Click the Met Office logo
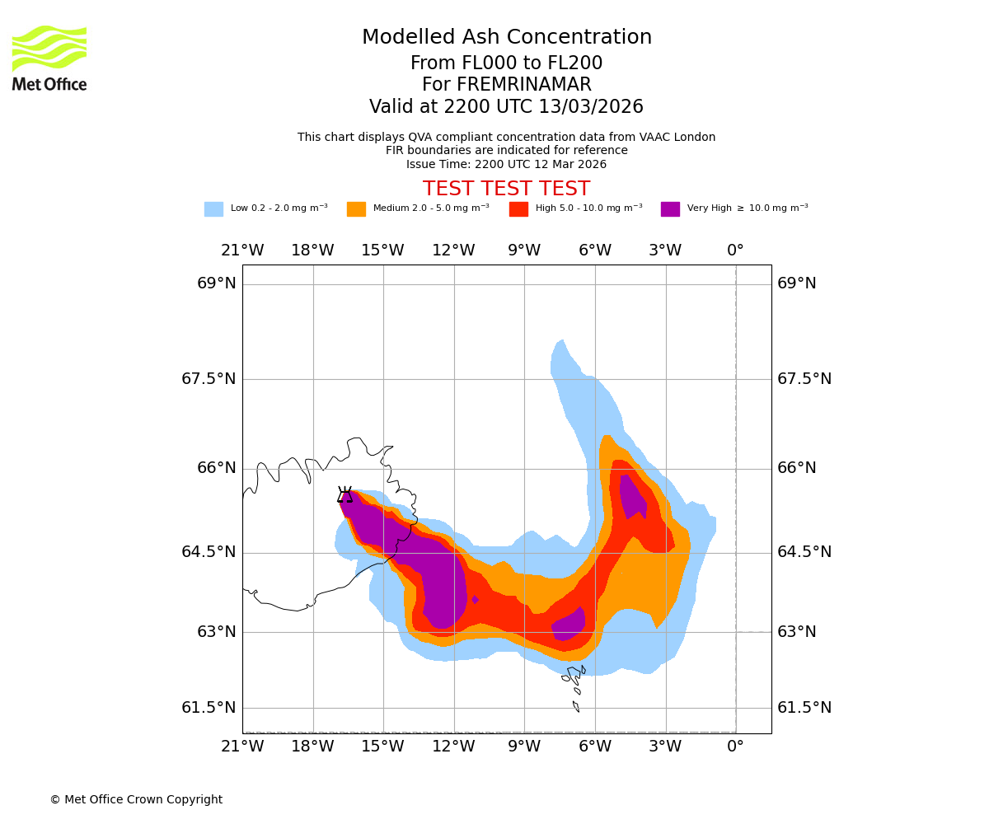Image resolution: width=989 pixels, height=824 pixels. [x=49, y=58]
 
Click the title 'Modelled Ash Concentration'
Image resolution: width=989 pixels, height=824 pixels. [x=507, y=38]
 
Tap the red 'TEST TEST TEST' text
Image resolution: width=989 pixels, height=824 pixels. [x=506, y=189]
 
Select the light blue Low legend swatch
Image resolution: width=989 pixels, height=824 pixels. [x=213, y=209]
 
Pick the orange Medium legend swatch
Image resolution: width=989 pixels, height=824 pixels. [x=356, y=209]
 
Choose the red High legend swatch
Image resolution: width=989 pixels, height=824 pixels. [x=518, y=209]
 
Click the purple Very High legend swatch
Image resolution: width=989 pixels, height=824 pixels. [x=670, y=209]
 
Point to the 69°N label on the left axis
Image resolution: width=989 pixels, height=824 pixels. [x=217, y=283]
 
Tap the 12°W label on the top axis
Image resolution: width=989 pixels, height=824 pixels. [x=453, y=250]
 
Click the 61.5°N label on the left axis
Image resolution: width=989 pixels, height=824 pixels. [x=209, y=708]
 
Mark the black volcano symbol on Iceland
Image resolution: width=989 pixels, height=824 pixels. [x=345, y=494]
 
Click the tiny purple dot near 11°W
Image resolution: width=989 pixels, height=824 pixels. [x=475, y=600]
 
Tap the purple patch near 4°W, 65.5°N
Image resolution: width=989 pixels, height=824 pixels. [x=633, y=496]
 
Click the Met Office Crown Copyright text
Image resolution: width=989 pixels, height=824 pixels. [x=136, y=800]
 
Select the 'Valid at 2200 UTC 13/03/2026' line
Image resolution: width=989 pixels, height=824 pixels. [x=506, y=107]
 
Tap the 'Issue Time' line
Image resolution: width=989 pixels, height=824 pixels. [x=506, y=164]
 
